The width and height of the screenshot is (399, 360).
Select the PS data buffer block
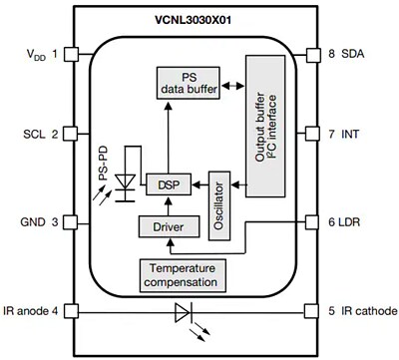[x=188, y=83]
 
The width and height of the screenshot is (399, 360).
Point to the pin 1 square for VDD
[x=71, y=54]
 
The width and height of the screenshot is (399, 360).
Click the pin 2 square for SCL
[x=71, y=133]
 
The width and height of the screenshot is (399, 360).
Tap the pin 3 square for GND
[x=71, y=221]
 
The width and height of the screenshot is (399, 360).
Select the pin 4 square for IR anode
[x=71, y=311]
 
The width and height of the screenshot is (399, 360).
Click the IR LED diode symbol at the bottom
[x=182, y=312]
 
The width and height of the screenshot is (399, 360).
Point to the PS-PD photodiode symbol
[x=126, y=183]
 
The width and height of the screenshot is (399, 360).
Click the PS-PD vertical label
[x=102, y=167]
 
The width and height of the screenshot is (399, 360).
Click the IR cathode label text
[x=362, y=311]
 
